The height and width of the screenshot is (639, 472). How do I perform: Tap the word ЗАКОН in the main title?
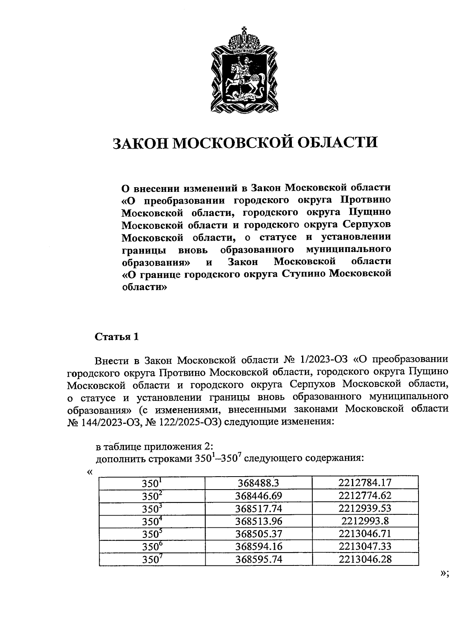141,143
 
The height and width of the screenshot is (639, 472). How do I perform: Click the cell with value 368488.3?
258,482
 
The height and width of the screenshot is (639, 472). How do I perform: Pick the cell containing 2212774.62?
365,495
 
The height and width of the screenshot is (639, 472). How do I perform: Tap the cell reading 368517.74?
258,508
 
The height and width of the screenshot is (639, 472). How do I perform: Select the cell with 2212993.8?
365,521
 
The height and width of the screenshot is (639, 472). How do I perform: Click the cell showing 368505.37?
258,534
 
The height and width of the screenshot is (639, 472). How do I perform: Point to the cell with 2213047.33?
365,546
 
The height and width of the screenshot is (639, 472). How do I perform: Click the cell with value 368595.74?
258,559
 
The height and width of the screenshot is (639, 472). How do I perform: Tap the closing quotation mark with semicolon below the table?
444,574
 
